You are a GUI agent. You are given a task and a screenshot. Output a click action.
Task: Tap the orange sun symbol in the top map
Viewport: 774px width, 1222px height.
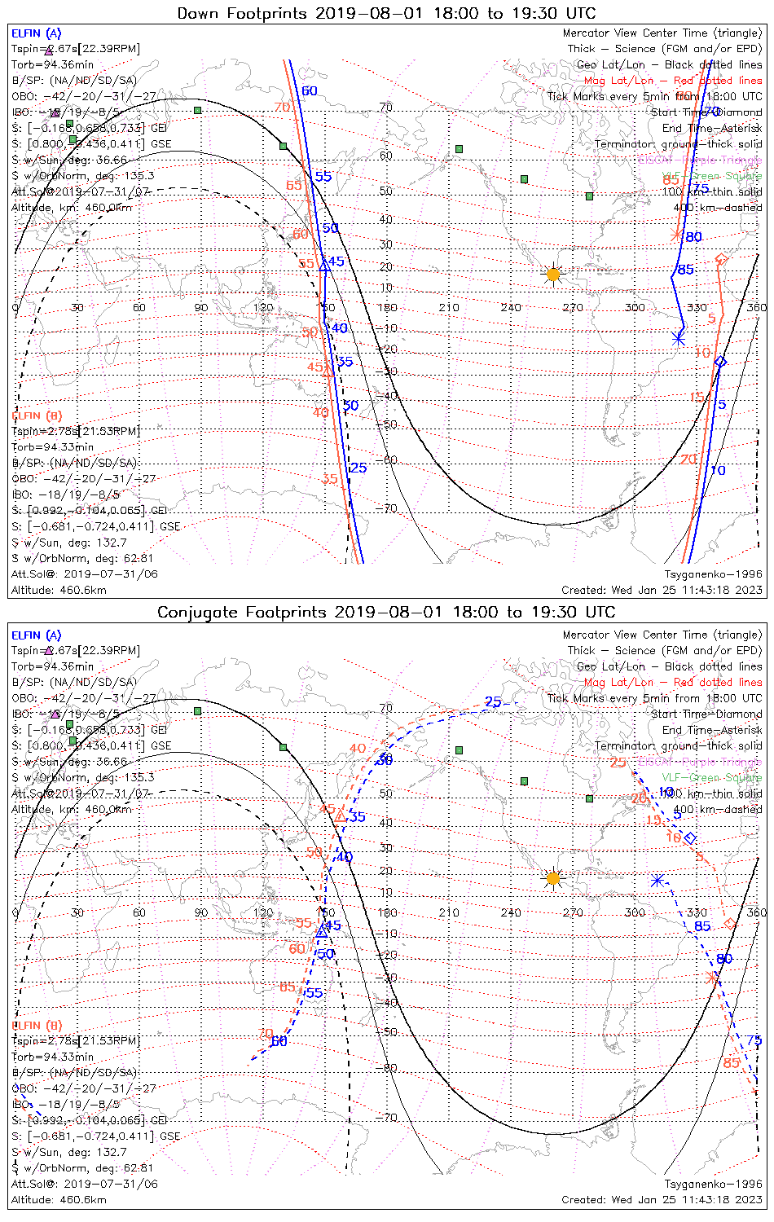pos(553,275)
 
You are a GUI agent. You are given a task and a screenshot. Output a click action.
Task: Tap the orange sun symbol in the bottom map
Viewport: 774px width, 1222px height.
pos(553,878)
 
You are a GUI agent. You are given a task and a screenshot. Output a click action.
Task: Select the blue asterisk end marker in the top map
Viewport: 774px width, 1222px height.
pos(678,338)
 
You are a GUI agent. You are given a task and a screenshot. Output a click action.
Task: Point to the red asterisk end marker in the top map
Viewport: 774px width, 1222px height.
pos(675,235)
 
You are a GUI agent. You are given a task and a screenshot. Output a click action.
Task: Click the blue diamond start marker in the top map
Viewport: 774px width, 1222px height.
pos(719,361)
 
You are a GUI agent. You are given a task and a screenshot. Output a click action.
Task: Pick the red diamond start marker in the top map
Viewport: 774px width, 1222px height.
pos(720,259)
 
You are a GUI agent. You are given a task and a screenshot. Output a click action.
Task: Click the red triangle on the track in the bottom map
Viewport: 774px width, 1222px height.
pos(341,815)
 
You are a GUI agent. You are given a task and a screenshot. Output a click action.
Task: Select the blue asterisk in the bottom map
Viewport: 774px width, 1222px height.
pos(657,880)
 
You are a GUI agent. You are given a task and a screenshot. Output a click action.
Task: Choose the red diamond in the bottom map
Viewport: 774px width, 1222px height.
pos(730,923)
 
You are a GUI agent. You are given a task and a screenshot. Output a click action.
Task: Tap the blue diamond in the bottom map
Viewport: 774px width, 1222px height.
pos(690,837)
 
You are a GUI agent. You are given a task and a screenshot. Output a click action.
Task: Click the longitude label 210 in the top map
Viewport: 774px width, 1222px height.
pos(449,307)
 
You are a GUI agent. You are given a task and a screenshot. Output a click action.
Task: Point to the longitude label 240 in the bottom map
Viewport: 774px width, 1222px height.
pos(511,912)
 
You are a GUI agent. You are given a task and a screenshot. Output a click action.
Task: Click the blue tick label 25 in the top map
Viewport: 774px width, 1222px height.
pos(358,468)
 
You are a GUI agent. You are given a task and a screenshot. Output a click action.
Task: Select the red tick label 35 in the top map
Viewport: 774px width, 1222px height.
pos(329,478)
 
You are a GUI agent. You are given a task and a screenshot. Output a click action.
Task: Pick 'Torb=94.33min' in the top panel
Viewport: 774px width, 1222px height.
pos(52,446)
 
